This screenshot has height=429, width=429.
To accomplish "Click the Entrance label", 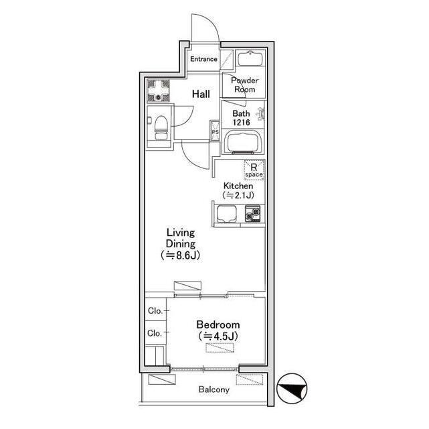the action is [x=204, y=59].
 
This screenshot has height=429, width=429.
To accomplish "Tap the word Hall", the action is [x=201, y=94].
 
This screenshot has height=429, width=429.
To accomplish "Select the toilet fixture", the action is [x=161, y=127].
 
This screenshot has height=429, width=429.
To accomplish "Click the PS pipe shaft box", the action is [x=215, y=131].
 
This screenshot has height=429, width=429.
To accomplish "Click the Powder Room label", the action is [x=244, y=84].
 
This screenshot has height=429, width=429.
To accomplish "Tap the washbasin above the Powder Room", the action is [x=250, y=58].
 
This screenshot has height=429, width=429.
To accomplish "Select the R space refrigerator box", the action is [x=254, y=170].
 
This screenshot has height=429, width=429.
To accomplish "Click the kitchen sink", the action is [x=227, y=214].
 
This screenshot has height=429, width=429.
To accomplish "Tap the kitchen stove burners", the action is [x=252, y=213].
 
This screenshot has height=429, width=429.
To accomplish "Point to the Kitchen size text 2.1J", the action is [x=238, y=195].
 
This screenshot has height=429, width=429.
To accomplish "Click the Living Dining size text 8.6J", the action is [x=181, y=255].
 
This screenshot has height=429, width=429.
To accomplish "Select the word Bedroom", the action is [x=218, y=324].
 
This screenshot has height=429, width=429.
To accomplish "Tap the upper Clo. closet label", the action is [x=155, y=310].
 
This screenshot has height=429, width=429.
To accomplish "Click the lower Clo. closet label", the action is [x=155, y=333].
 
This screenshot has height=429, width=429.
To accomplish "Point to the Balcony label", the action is [x=214, y=389].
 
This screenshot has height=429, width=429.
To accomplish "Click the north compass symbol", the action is [x=292, y=389].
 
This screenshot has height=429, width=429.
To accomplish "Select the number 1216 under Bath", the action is [x=242, y=123].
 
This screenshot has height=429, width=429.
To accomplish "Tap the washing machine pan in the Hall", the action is [x=158, y=90].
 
